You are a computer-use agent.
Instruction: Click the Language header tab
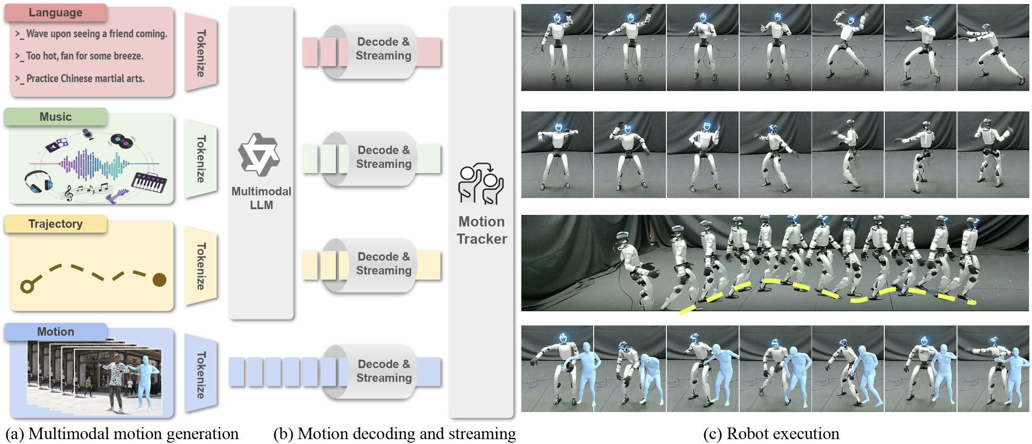pos(55,12)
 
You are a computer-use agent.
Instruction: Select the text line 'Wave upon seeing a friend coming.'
pos(96,34)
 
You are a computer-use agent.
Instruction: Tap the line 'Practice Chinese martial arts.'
pos(85,79)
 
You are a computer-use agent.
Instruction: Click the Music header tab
pos(55,117)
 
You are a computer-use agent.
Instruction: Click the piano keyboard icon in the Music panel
pos(149,182)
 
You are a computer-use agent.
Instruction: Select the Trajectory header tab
pos(55,224)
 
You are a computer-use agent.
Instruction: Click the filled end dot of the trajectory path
pos(159,280)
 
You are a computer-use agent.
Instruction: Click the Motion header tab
pos(55,332)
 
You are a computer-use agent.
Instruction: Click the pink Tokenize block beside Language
pos(201,53)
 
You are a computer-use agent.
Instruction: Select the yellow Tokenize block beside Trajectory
pos(201,266)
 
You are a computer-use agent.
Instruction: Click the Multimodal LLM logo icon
pos(259,155)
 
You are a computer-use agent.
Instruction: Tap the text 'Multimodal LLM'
pos(261,198)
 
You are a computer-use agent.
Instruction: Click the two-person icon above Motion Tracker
pos(481,184)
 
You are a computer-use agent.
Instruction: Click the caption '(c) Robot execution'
pos(771,434)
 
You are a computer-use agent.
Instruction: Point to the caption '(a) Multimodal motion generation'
pos(122,434)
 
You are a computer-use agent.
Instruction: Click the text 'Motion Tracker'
pos(482,230)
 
